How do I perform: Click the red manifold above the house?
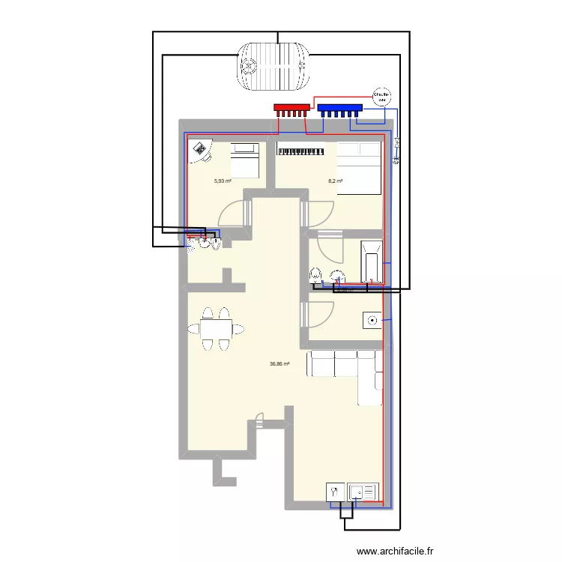[291, 109]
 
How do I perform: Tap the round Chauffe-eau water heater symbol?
[382, 97]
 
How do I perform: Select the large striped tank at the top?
[274, 66]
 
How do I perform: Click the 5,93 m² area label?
[223, 181]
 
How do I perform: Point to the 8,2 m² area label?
[335, 181]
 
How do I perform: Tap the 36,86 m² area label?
[280, 365]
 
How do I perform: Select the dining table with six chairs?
[216, 328]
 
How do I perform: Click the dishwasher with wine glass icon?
[334, 492]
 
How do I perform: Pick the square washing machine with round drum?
[372, 321]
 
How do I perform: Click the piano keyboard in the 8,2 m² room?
[300, 151]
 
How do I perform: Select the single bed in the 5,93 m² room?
[244, 160]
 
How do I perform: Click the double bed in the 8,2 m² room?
[359, 168]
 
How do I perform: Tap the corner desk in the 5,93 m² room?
[200, 152]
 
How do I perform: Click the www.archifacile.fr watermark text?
[395, 551]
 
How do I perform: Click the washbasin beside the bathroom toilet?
[336, 276]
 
